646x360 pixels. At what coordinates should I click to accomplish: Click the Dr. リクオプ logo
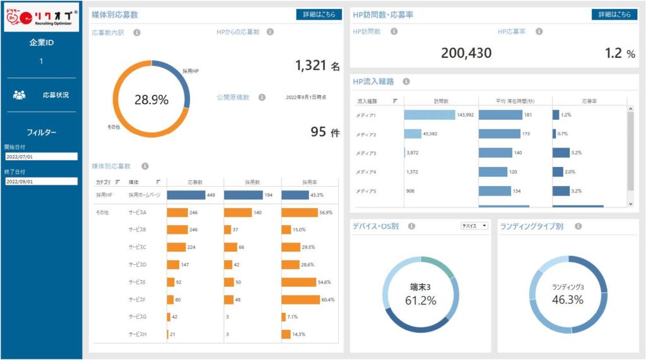[x=41, y=19]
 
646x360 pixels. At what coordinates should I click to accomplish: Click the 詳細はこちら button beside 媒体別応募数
[x=319, y=15]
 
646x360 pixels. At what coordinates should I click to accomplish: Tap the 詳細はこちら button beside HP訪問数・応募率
[x=614, y=15]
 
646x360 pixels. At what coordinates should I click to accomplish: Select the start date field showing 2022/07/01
[x=41, y=156]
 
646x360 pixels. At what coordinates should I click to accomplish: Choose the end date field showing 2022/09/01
[x=41, y=182]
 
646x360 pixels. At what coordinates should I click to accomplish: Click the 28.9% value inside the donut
[x=151, y=100]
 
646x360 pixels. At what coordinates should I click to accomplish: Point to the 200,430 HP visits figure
[x=466, y=54]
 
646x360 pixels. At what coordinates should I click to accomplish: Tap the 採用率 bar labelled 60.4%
[x=300, y=299]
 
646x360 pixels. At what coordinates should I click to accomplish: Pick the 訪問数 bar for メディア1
[x=429, y=115]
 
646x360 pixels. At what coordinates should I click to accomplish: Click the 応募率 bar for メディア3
[x=561, y=153]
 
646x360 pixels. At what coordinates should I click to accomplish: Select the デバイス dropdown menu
[x=475, y=226]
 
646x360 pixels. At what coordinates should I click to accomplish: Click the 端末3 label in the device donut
[x=421, y=287]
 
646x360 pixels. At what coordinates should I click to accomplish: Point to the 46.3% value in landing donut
[x=568, y=300]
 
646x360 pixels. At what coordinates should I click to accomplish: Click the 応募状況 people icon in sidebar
[x=20, y=95]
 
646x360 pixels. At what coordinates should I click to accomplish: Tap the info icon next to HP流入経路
[x=406, y=81]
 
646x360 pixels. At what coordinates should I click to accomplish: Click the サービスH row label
[x=137, y=334]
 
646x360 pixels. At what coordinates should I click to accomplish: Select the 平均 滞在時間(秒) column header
[x=515, y=100]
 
